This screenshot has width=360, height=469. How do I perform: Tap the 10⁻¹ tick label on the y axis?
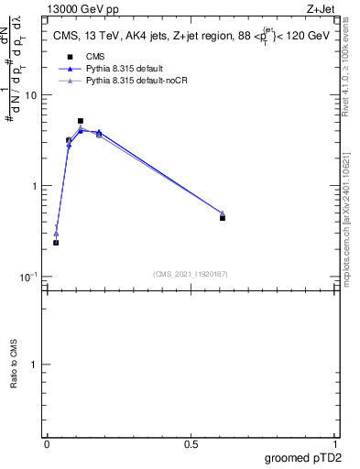[x=29, y=277]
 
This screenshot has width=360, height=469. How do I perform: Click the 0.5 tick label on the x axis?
[x=191, y=444]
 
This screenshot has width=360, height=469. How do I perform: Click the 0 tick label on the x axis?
[x=47, y=444]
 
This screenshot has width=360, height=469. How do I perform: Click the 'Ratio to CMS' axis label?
[x=14, y=365]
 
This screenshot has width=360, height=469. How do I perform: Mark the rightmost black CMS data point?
[x=223, y=218]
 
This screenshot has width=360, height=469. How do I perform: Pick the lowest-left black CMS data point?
[x=56, y=243]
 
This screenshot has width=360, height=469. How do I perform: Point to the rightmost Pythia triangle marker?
[x=223, y=213]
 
